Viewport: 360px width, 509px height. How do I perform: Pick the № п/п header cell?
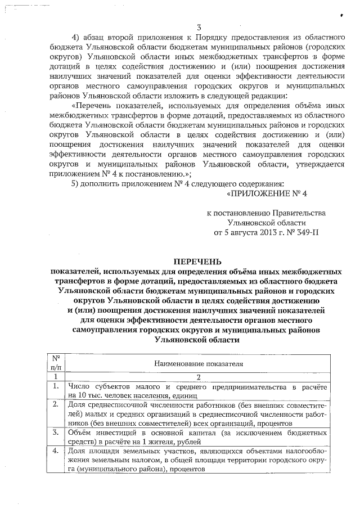pos(56,363)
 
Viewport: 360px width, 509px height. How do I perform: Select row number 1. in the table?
pos(56,387)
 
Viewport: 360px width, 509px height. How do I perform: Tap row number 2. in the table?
pos(56,404)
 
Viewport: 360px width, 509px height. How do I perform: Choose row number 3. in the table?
pos(56,432)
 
